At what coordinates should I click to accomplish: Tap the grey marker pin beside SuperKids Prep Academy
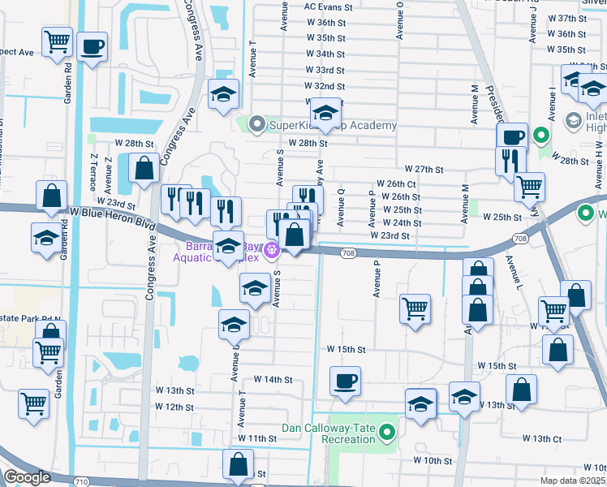pos(258,125)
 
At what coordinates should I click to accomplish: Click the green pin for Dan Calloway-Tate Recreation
pos(388,433)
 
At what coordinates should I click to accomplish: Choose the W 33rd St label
pos(325,70)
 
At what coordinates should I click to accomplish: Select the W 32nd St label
pos(325,86)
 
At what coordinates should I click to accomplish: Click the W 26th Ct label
pos(396,184)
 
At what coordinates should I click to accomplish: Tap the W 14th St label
pos(273,379)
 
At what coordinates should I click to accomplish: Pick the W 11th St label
pos(257,438)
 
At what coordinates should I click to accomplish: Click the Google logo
pos(27,478)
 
